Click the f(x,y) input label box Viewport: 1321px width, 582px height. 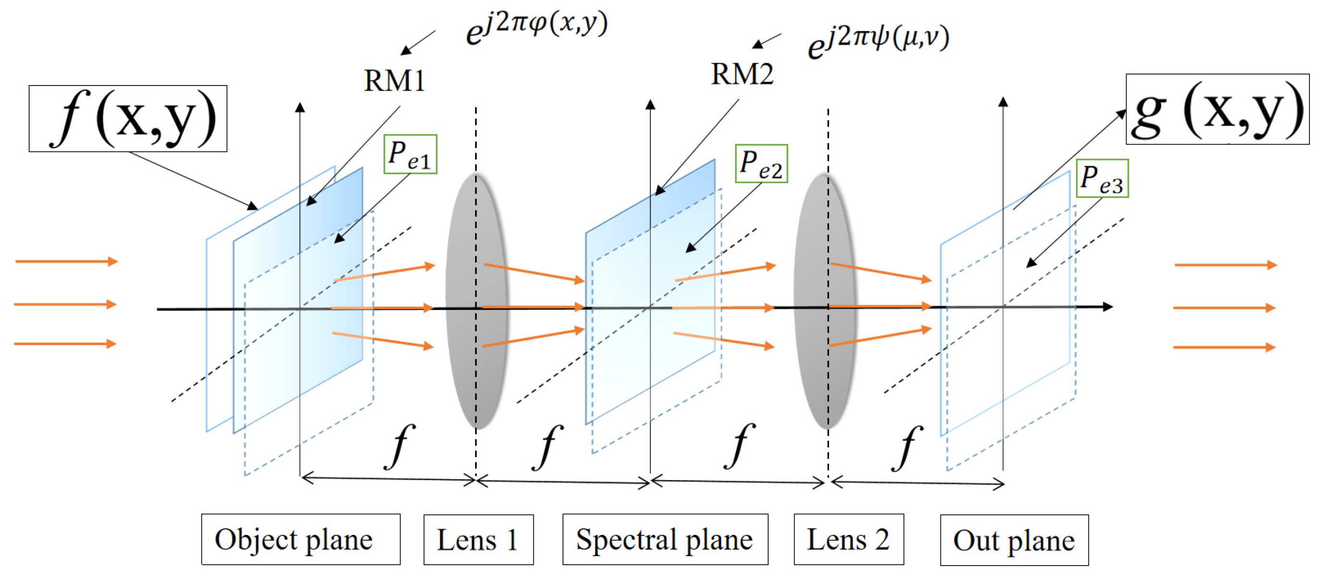pyautogui.click(x=128, y=119)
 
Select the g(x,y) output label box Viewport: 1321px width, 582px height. pyautogui.click(x=1217, y=109)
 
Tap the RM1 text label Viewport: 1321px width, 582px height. pyautogui.click(x=394, y=81)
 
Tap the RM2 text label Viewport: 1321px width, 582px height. pyautogui.click(x=742, y=74)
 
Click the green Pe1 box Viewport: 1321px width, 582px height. pyautogui.click(x=410, y=154)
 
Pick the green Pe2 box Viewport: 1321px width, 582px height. pyautogui.click(x=761, y=164)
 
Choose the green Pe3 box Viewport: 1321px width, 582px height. pyautogui.click(x=1102, y=179)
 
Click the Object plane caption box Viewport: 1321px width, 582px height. pyautogui.click(x=301, y=539)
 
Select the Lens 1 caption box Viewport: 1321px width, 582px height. pyautogui.click(x=478, y=540)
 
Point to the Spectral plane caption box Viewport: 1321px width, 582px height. pyautogui.click(x=665, y=539)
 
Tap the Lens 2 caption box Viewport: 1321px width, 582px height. pyautogui.click(x=849, y=539)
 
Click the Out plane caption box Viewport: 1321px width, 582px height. pyautogui.click(x=1014, y=540)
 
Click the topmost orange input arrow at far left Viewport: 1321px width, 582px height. pyautogui.click(x=67, y=262)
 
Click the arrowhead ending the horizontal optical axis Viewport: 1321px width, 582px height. pyautogui.click(x=1108, y=307)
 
